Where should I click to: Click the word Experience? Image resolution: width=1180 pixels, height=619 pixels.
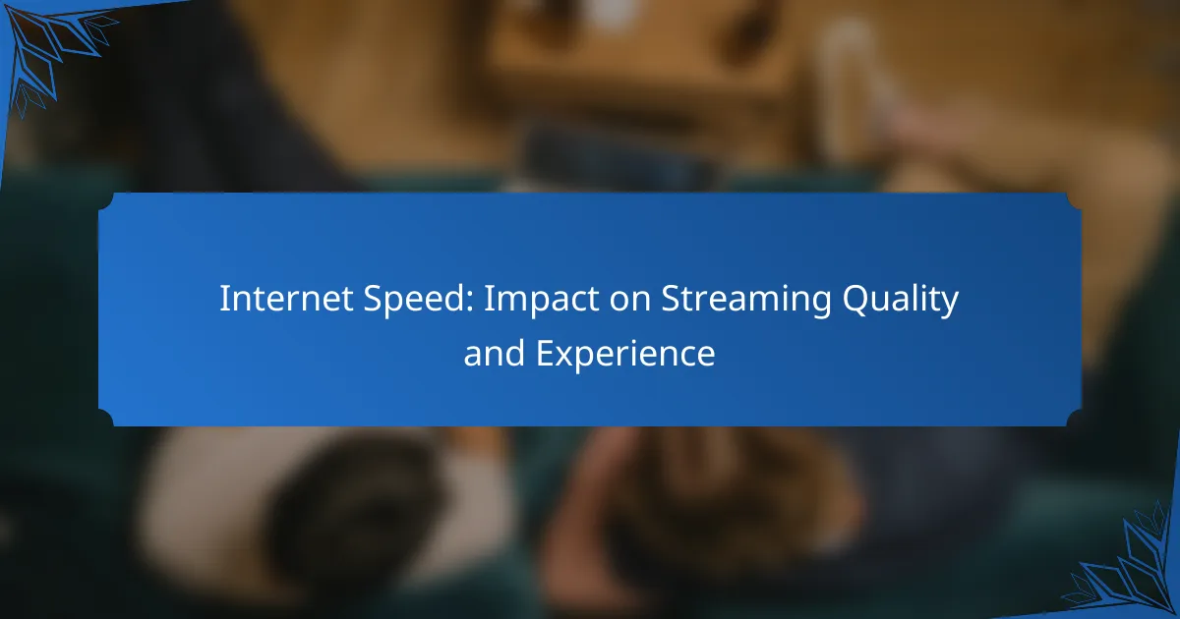[x=625, y=354]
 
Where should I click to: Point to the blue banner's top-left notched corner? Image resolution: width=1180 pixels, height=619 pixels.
[x=106, y=200]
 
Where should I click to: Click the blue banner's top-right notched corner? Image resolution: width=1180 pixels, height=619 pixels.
[x=1073, y=200]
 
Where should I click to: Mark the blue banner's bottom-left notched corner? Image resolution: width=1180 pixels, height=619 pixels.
[x=106, y=419]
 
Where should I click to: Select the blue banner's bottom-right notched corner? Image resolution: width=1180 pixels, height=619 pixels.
[x=1073, y=419]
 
